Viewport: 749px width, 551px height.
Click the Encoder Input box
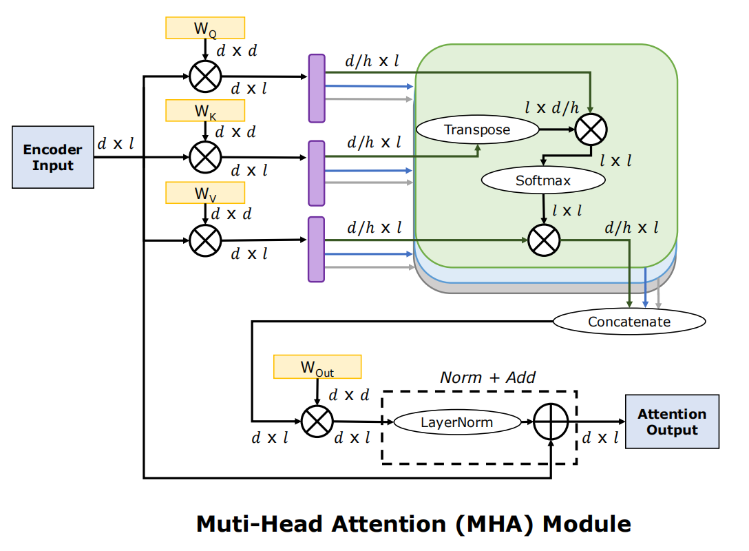click(x=53, y=157)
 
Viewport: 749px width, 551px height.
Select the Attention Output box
click(x=671, y=422)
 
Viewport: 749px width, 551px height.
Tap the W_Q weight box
click(x=205, y=28)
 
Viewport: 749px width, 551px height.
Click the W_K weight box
click(x=205, y=110)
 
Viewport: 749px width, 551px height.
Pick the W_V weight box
click(x=205, y=193)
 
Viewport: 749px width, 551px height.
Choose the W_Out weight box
click(x=317, y=366)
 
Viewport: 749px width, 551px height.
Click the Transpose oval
click(x=477, y=129)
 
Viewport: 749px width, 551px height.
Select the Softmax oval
click(x=543, y=181)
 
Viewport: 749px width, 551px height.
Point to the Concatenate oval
click(x=629, y=321)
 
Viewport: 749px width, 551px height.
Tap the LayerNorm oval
click(x=457, y=422)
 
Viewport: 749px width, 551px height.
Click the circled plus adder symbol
click(x=551, y=422)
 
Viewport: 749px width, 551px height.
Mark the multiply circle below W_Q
click(x=205, y=76)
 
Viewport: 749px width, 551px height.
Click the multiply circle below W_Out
click(x=317, y=422)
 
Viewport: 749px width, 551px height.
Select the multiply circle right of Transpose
click(x=591, y=129)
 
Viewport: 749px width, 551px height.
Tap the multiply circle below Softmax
click(x=544, y=240)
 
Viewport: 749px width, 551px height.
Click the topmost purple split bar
click(x=316, y=88)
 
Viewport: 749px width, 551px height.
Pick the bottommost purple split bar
click(x=316, y=249)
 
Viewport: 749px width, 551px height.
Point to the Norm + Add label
click(x=487, y=377)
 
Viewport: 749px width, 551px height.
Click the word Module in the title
click(x=587, y=524)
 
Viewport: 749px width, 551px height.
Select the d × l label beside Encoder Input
click(x=115, y=144)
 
